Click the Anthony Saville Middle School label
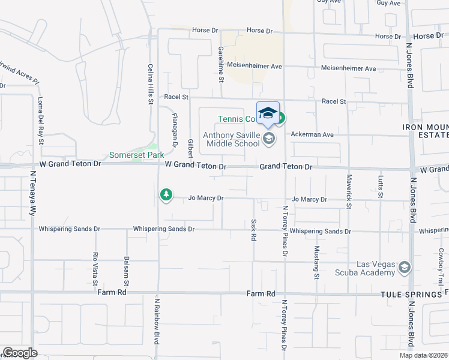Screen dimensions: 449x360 (231, 139)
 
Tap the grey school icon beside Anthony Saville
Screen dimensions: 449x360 (268, 140)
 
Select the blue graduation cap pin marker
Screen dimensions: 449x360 (268, 113)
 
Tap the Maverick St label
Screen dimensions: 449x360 (348, 191)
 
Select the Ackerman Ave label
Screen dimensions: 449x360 (312, 134)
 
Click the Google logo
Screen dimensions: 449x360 (20, 353)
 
